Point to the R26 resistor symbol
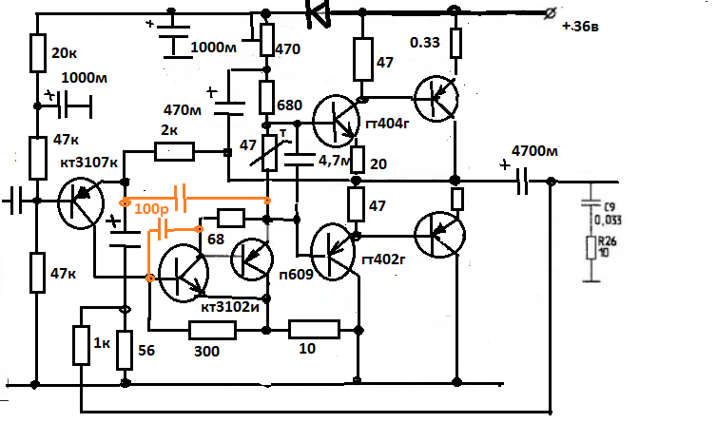coord(591,249)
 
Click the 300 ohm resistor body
coord(212,330)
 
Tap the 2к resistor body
coord(175,149)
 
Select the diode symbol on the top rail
coord(317,12)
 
